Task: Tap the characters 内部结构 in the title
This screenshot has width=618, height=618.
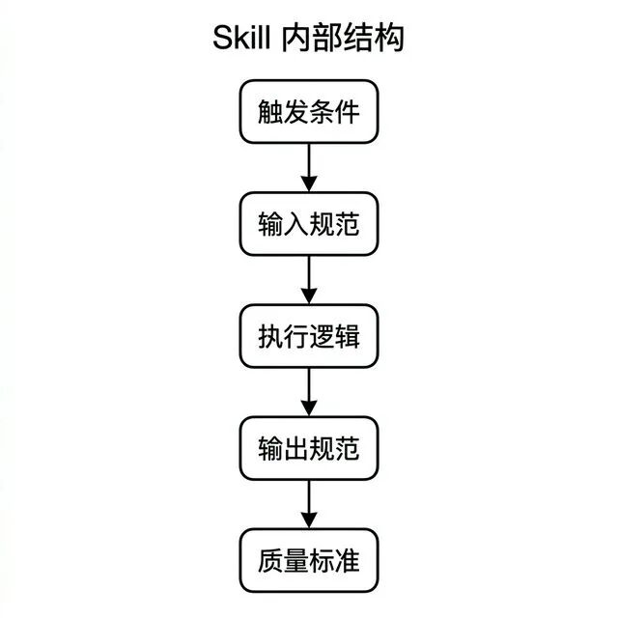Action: click(343, 41)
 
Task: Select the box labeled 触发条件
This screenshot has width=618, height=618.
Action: click(309, 112)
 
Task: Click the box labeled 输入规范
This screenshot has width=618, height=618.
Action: click(309, 224)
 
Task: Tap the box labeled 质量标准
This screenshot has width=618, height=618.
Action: click(309, 560)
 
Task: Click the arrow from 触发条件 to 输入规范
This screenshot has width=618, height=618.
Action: click(309, 166)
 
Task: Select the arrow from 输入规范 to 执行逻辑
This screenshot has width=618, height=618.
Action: click(309, 278)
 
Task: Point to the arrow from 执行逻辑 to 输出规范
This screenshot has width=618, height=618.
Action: click(309, 390)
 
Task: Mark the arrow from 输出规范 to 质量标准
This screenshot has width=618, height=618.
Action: click(309, 502)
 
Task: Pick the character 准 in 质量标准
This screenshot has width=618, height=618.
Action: click(347, 560)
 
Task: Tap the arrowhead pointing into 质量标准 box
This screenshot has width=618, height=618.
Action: click(309, 520)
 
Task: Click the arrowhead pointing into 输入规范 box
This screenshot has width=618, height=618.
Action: click(309, 184)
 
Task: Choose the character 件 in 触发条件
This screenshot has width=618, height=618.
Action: click(347, 112)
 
